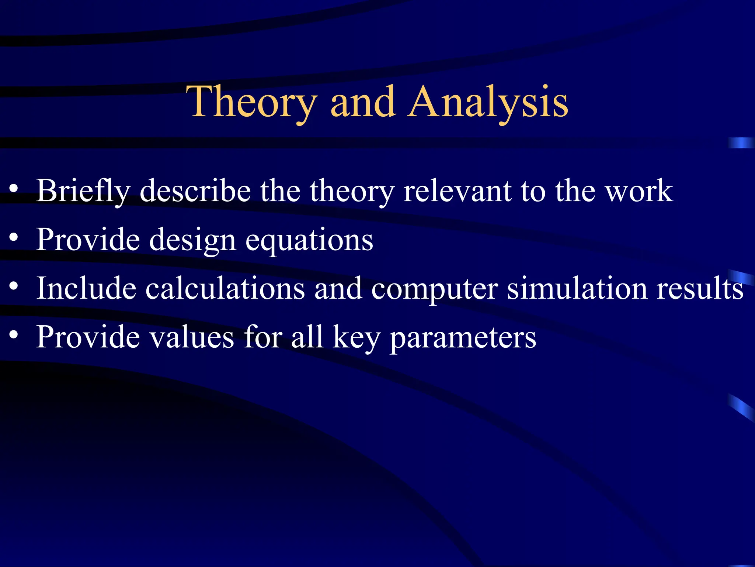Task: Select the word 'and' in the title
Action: click(x=363, y=102)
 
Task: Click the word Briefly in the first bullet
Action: click(x=83, y=191)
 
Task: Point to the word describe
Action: click(x=195, y=191)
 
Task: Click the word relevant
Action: click(x=457, y=191)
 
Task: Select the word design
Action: click(x=192, y=240)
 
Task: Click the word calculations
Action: click(x=225, y=288)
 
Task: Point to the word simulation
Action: click(x=577, y=288)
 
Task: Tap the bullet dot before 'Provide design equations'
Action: click(x=14, y=237)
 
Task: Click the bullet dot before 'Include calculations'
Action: click(x=14, y=286)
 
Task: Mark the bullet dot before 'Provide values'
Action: click(x=14, y=334)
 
